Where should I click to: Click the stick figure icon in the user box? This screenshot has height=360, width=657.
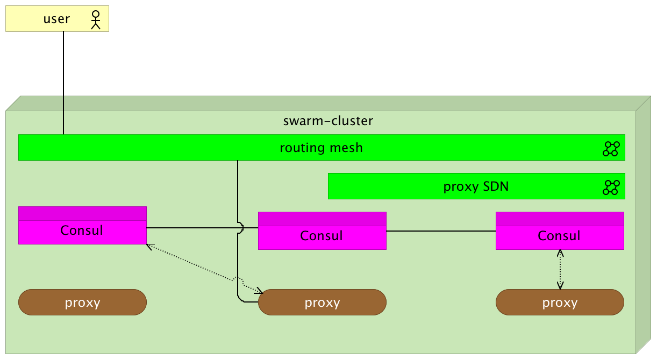pyautogui.click(x=96, y=19)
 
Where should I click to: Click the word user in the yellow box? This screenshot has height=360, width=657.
pyautogui.click(x=56, y=19)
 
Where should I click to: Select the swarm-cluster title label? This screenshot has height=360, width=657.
pyautogui.click(x=328, y=121)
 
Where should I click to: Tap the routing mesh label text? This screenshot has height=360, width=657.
pyautogui.click(x=321, y=148)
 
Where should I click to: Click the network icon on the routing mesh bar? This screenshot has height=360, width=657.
pyautogui.click(x=611, y=149)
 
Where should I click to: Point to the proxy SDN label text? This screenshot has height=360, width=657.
pyautogui.click(x=476, y=187)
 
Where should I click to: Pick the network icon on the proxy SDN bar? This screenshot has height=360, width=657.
pyautogui.click(x=611, y=188)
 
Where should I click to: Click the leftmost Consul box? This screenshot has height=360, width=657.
pyautogui.click(x=82, y=231)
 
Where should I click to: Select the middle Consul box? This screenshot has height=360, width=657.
pyautogui.click(x=322, y=236)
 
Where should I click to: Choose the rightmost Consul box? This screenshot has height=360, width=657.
pyautogui.click(x=560, y=236)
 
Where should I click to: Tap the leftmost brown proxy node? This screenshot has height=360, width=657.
pyautogui.click(x=82, y=302)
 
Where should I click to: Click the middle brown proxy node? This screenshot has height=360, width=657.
pyautogui.click(x=322, y=302)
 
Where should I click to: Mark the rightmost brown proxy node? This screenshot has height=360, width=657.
pyautogui.click(x=560, y=302)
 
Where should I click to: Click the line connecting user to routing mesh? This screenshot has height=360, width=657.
pyautogui.click(x=63, y=81)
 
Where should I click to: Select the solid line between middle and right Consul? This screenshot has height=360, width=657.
pyautogui.click(x=441, y=231)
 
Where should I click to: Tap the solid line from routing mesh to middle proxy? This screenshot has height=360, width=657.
pyautogui.click(x=238, y=193)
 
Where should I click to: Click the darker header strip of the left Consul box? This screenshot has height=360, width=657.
pyautogui.click(x=82, y=213)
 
